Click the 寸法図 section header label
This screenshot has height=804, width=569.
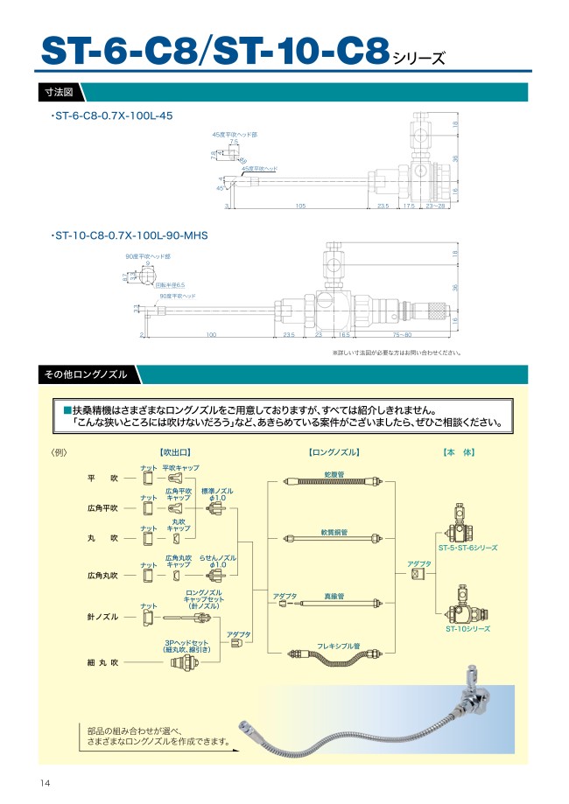(x=59, y=91)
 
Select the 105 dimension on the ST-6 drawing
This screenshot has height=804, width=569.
(x=299, y=206)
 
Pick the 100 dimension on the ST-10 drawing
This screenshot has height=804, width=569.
(x=211, y=334)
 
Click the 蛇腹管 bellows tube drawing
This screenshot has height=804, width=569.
(x=334, y=481)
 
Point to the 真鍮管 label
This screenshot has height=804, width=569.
(x=334, y=596)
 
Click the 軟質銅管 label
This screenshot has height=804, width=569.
(x=334, y=532)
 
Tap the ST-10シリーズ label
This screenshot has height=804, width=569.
(x=467, y=628)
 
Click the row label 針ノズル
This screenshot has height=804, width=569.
(x=102, y=618)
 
